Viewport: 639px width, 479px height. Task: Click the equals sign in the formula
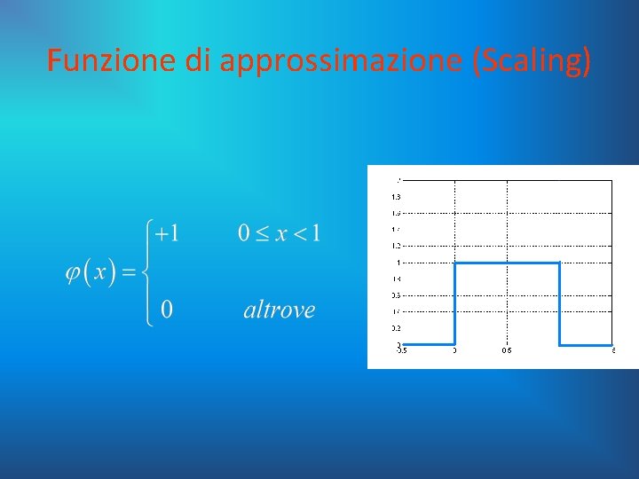pos(128,273)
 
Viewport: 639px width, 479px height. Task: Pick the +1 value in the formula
pos(166,234)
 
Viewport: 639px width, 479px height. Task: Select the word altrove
pos(279,310)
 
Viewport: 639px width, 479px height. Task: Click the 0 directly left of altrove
pos(166,310)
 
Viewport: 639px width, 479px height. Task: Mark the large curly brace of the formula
pos(148,272)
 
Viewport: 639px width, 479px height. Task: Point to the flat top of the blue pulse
pos(507,263)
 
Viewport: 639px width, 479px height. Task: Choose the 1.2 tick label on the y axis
pos(396,246)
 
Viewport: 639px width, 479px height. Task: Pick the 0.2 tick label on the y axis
pos(396,328)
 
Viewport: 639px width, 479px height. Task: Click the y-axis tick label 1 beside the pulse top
pos(398,263)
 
